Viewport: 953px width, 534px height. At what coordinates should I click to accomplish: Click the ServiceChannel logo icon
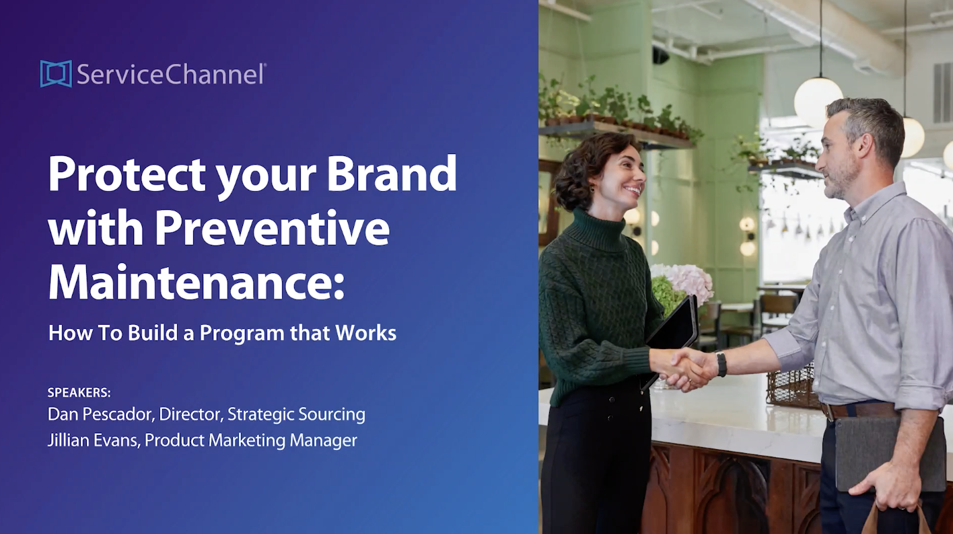56,73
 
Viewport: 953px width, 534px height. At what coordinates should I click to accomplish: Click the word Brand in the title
392,174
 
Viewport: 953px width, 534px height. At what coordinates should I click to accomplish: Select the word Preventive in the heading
273,228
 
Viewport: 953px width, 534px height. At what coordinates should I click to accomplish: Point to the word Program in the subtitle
242,334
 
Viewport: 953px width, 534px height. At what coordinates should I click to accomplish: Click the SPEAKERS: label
79,393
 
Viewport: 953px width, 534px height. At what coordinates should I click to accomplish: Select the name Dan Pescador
100,414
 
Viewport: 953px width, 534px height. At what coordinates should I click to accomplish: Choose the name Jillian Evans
93,440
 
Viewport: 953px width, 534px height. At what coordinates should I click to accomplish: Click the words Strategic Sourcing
297,415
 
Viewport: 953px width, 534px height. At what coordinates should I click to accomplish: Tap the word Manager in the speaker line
323,441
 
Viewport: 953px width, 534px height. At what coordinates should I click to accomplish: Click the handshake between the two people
690,368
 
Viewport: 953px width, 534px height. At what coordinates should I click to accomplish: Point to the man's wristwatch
721,364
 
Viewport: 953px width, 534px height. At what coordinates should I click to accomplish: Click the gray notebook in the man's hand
889,453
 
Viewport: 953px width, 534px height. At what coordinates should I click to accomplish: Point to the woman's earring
592,188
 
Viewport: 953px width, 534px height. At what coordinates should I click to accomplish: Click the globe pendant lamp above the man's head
818,100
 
